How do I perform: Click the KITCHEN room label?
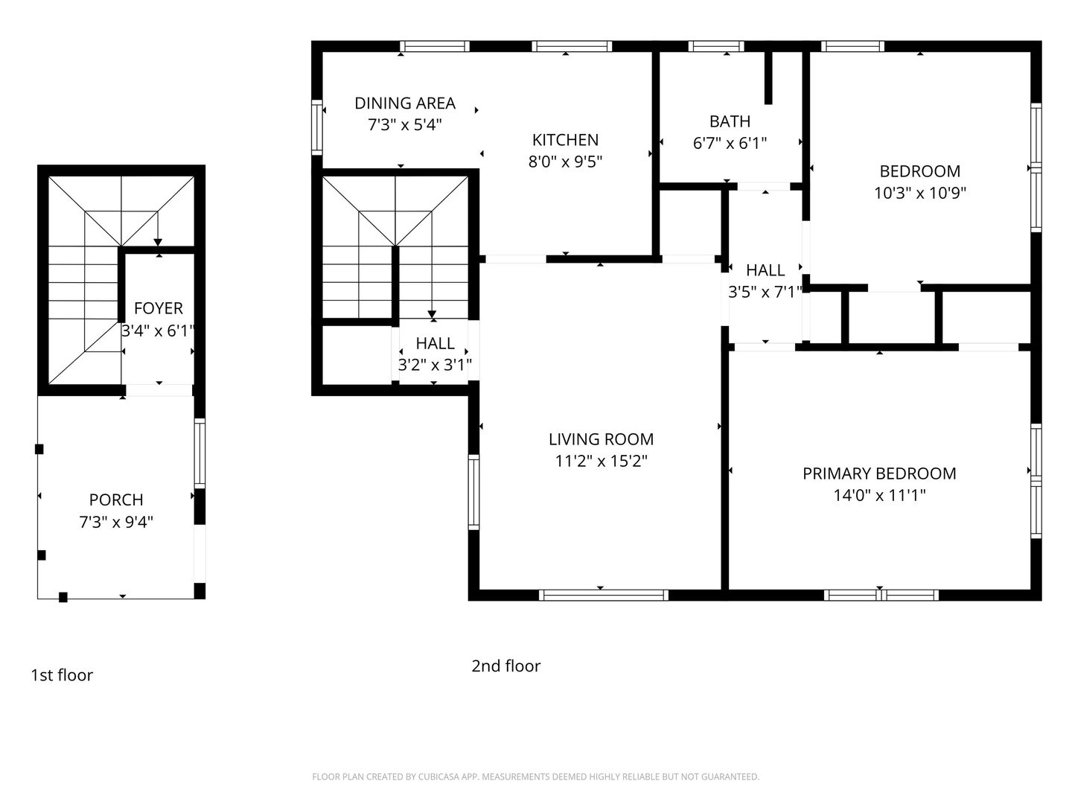point(565,140)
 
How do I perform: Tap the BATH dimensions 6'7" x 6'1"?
point(730,144)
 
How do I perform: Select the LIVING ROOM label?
point(601,439)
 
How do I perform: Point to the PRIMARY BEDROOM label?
point(879,473)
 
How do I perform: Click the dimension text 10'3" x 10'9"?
point(919,194)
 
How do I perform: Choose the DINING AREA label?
point(405,103)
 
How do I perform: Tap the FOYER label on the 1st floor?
point(159,308)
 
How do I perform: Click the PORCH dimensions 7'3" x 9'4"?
point(116,523)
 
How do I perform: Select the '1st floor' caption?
point(62,675)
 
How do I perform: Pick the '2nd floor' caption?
point(506,666)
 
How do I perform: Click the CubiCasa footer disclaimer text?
point(536,776)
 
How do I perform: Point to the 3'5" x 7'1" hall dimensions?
point(765,292)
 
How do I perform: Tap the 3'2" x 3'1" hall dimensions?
point(435,365)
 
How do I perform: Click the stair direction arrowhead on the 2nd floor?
point(432,315)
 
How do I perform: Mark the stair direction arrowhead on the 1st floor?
point(158,243)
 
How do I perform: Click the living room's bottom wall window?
point(604,595)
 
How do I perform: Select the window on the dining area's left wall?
point(317,127)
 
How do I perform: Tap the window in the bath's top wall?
point(716,46)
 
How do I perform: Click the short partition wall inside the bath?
point(768,77)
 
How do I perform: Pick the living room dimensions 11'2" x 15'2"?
point(601,462)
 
